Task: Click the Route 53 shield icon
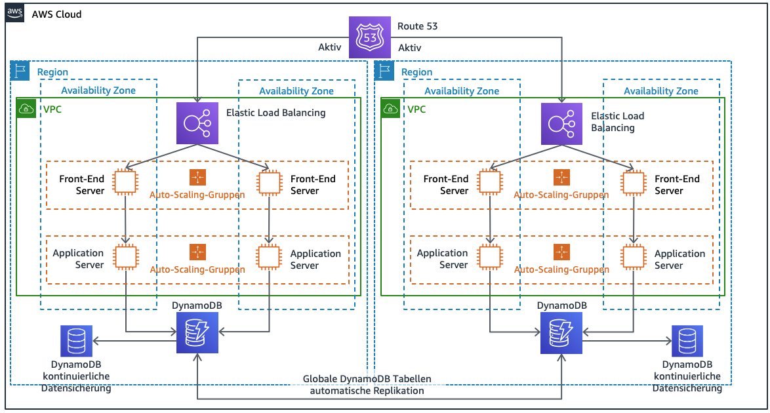pos(370,37)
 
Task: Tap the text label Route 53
pos(417,27)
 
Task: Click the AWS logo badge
pos(16,14)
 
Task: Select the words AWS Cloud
pos(56,14)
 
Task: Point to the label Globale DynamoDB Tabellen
pos(367,380)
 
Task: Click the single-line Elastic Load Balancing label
pos(275,113)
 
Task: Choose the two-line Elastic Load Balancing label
pos(617,121)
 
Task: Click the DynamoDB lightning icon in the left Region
pos(197,332)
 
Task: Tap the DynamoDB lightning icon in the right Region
pos(561,332)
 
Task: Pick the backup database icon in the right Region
pos(687,341)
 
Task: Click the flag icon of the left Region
pos(21,70)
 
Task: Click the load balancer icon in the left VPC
pos(197,123)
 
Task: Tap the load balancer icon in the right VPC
pos(561,123)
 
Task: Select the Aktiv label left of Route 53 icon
pos(329,48)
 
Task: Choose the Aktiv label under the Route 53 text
pos(410,48)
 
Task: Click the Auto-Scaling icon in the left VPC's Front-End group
pos(197,177)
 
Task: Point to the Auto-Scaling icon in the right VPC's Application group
pos(561,252)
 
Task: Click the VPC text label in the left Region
pos(51,109)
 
